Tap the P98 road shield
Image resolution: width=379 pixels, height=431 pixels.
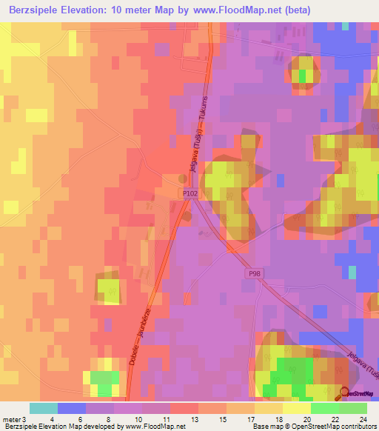[x=255, y=274]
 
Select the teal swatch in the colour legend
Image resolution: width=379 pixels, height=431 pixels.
[x=44, y=409]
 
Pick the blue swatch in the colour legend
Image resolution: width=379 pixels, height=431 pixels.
[x=72, y=409]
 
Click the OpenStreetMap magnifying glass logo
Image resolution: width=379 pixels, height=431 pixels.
[x=344, y=393]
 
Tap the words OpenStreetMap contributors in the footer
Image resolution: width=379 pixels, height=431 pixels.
[x=336, y=426]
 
